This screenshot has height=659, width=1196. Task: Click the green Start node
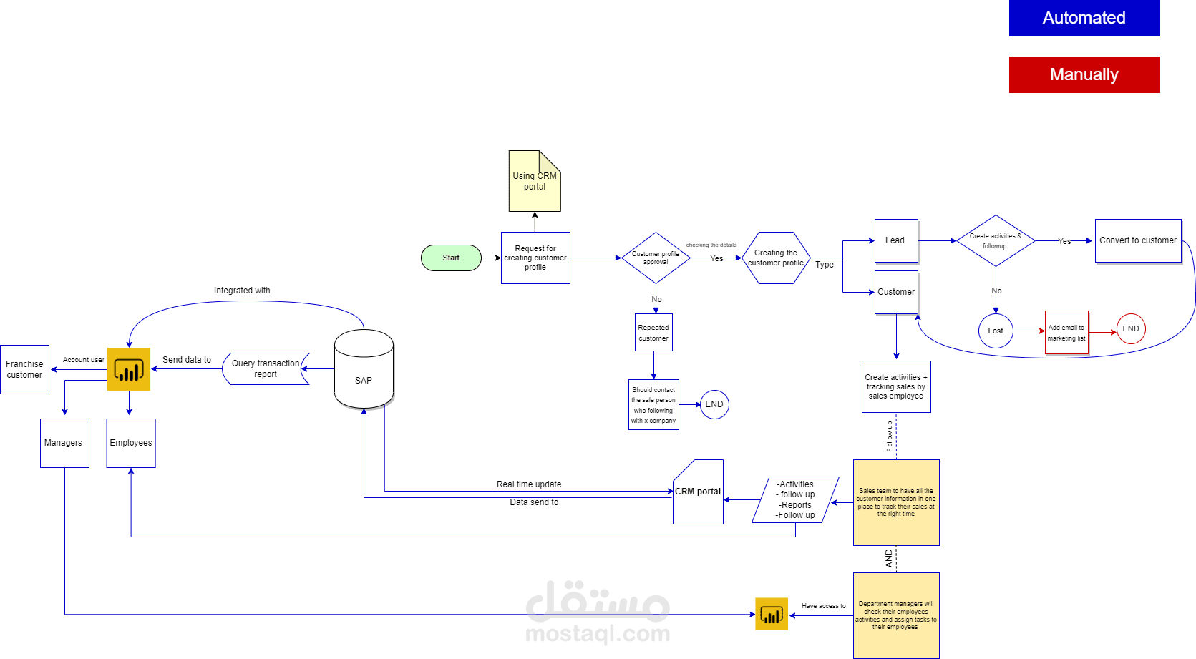(451, 258)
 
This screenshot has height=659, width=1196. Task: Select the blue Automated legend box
(1084, 18)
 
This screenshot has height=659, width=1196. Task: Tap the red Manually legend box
(1084, 74)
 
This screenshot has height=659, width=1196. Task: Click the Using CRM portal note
(534, 182)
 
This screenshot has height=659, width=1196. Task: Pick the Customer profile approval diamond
(656, 258)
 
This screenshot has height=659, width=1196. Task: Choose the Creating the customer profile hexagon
(776, 258)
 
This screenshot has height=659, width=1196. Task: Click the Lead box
(895, 240)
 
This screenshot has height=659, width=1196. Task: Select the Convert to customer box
(1137, 240)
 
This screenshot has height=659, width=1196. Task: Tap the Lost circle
(996, 331)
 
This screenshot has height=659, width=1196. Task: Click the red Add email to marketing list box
(1066, 333)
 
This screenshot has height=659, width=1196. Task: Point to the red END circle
(1131, 329)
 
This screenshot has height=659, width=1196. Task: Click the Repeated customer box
(653, 333)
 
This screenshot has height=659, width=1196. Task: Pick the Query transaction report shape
(266, 368)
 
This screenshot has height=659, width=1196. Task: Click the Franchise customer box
(24, 369)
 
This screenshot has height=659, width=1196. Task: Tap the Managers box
(64, 443)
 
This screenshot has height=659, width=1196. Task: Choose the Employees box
(131, 443)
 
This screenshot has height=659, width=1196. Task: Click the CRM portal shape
(698, 492)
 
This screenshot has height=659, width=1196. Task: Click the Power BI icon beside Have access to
(771, 614)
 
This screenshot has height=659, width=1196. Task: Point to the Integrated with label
(242, 291)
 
